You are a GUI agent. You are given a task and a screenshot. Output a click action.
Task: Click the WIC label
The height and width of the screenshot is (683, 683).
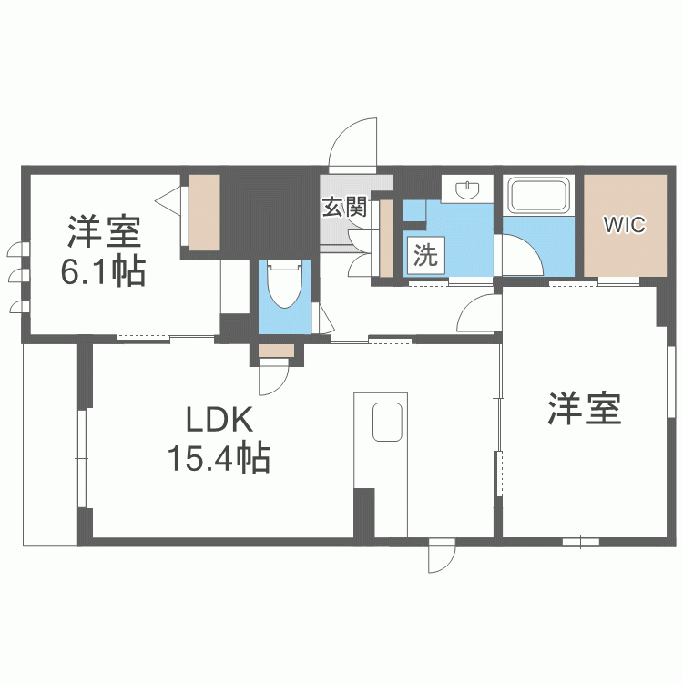click(x=624, y=225)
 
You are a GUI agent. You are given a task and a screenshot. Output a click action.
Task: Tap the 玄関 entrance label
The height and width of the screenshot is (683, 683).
click(x=344, y=208)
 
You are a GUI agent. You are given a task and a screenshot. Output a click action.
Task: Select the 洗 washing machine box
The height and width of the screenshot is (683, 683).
click(x=425, y=255)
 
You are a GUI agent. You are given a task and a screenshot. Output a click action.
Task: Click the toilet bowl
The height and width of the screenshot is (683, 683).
click(x=285, y=284)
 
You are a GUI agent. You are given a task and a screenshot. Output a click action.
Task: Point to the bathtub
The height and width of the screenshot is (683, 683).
click(x=539, y=196)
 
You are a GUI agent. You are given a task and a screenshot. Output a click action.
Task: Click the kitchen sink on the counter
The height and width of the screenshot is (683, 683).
click(x=387, y=422)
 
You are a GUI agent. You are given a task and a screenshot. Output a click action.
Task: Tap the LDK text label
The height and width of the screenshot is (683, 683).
click(x=219, y=420)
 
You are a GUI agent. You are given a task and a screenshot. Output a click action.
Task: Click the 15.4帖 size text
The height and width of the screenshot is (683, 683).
click(x=219, y=458)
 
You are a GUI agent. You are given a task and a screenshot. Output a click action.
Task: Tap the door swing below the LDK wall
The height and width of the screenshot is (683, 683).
click(x=442, y=556)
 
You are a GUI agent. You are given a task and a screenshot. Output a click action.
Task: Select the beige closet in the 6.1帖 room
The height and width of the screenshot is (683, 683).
click(x=204, y=212)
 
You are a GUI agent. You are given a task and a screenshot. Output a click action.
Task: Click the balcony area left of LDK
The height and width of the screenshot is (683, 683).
click(x=50, y=444)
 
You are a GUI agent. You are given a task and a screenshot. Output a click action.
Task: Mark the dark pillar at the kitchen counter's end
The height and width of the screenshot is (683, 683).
click(x=364, y=513)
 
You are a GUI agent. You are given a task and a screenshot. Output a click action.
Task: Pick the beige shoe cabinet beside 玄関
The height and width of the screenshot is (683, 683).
click(x=386, y=239)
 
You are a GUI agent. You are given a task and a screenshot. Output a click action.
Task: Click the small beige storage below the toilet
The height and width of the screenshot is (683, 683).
click(x=276, y=351)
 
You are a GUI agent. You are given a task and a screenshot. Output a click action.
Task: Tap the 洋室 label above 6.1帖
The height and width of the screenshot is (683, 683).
click(x=104, y=231)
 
